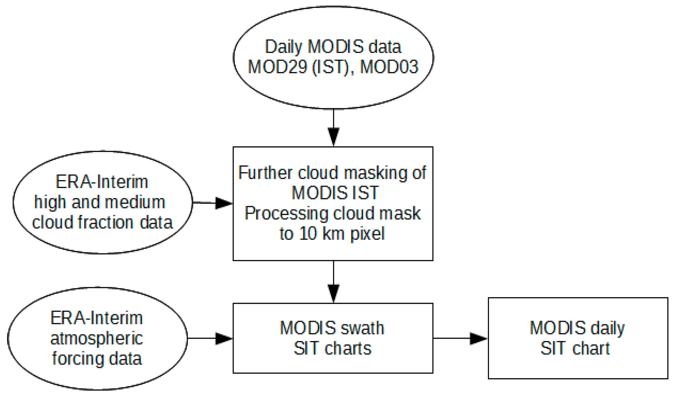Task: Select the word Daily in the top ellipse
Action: pos(283,47)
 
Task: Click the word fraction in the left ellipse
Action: pos(105,223)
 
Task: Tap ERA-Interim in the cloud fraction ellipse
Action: pos(102,182)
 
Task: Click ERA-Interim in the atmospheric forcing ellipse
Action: pos(96,318)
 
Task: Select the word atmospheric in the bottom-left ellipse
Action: pos(96,339)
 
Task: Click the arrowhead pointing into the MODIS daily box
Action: pos(478,338)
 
